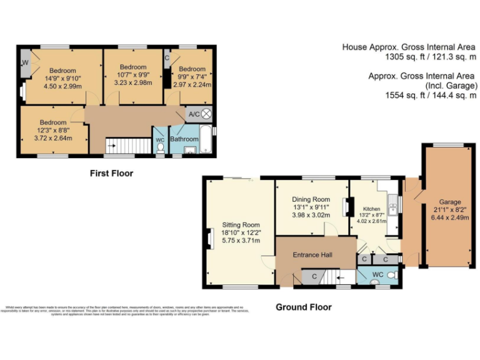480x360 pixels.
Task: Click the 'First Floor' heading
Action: point(111,173)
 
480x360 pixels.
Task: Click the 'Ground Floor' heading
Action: point(304,307)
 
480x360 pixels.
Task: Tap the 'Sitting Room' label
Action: point(241,224)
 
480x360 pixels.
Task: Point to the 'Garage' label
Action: point(449,202)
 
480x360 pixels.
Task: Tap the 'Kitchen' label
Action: point(372,209)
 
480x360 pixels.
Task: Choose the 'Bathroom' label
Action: point(184,139)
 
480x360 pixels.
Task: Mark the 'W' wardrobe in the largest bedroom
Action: point(26,63)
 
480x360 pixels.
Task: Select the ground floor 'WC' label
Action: point(377,274)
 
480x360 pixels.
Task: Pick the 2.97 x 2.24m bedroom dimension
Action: point(192,85)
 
